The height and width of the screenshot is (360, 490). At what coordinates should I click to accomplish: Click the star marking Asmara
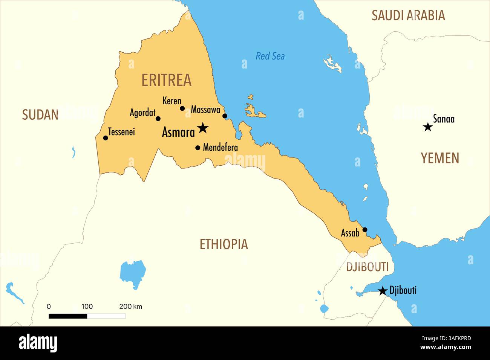pyautogui.click(x=203, y=128)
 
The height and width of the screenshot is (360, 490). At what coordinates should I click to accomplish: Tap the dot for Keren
pyautogui.click(x=182, y=108)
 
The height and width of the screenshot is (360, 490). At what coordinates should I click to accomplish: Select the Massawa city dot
pyautogui.click(x=225, y=116)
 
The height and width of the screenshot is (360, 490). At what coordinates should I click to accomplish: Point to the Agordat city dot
pyautogui.click(x=158, y=119)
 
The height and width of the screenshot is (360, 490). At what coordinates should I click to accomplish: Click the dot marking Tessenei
pyautogui.click(x=106, y=138)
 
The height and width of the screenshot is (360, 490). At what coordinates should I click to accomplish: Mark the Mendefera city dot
pyautogui.click(x=198, y=148)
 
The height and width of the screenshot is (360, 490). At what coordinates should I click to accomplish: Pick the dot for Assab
pyautogui.click(x=364, y=230)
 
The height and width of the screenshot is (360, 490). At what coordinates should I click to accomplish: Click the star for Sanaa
pyautogui.click(x=427, y=127)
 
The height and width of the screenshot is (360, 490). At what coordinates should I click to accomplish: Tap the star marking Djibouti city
pyautogui.click(x=383, y=291)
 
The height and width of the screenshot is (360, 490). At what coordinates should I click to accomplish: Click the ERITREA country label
pyautogui.click(x=166, y=80)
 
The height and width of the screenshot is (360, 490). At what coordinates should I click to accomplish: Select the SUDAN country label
pyautogui.click(x=40, y=114)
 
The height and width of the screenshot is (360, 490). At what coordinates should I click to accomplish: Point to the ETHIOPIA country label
pyautogui.click(x=224, y=244)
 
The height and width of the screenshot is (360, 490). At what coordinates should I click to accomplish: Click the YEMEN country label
pyautogui.click(x=440, y=158)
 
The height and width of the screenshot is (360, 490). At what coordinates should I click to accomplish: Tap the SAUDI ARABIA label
pyautogui.click(x=408, y=15)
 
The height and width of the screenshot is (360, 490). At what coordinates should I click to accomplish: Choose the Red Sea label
pyautogui.click(x=270, y=56)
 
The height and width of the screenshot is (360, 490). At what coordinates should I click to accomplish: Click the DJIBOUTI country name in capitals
pyautogui.click(x=367, y=267)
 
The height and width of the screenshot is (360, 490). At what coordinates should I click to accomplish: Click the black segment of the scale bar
pyautogui.click(x=68, y=316)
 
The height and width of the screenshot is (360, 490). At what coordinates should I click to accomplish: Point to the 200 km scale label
pyautogui.click(x=130, y=307)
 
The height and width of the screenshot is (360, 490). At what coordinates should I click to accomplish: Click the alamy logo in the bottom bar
pyautogui.click(x=38, y=343)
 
